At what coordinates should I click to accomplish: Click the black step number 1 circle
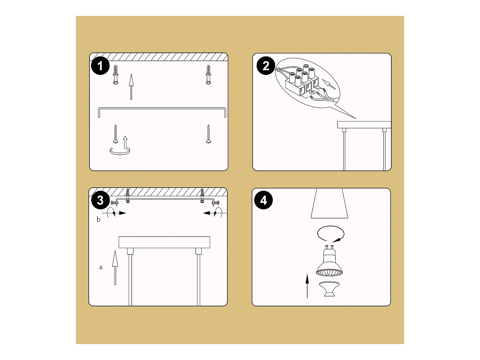tap(100, 66)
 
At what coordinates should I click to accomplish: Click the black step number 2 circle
tap(266, 66)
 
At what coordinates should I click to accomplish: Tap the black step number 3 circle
tap(100, 200)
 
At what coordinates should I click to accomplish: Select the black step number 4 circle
tap(263, 200)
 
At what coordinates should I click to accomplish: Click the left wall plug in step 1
tap(116, 75)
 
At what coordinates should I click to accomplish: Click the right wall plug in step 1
tap(208, 75)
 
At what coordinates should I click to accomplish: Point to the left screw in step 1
tap(116, 134)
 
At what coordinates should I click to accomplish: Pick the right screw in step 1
tap(208, 134)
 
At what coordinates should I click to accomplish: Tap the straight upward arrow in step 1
tap(131, 87)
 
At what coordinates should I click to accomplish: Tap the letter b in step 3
tap(98, 219)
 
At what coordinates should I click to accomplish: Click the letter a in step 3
tap(101, 267)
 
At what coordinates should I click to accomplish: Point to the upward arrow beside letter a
tap(115, 268)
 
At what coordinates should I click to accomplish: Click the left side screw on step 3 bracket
tap(114, 203)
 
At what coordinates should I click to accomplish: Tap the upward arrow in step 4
tap(307, 286)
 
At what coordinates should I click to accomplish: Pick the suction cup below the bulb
tap(329, 289)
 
